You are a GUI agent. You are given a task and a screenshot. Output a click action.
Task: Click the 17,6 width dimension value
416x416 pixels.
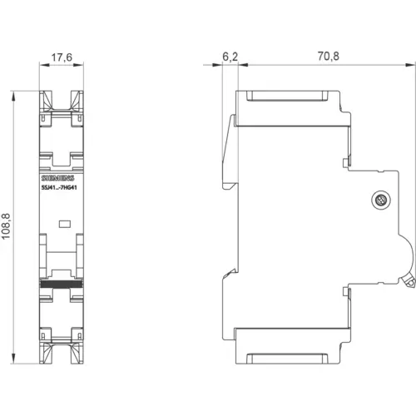[62, 57]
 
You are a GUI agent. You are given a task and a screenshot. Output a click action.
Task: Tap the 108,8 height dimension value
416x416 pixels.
[6, 226]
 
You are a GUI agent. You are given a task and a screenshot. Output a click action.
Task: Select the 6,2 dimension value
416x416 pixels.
[230, 57]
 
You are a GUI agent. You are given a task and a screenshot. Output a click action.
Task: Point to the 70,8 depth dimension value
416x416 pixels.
[329, 57]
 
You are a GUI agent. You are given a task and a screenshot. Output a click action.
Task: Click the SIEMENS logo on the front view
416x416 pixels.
[58, 178]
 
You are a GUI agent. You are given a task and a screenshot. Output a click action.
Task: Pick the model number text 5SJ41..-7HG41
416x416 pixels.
[59, 188]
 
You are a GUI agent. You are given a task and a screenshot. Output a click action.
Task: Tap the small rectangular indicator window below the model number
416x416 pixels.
[65, 224]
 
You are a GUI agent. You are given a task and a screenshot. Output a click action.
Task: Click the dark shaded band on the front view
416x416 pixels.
[62, 284]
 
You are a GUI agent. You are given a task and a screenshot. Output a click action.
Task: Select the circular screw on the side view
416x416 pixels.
[381, 200]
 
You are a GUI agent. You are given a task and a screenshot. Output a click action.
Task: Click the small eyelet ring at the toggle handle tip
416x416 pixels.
[409, 283]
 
